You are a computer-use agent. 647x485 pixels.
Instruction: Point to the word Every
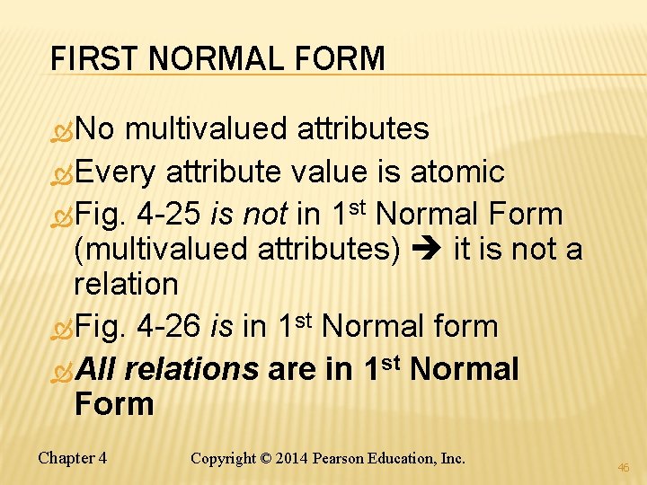click(x=116, y=171)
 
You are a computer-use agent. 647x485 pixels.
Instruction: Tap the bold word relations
click(x=192, y=369)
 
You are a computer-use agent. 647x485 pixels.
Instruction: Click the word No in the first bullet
click(x=95, y=128)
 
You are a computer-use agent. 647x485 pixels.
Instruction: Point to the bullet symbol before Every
click(x=63, y=172)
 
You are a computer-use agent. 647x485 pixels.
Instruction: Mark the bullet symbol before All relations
click(x=63, y=370)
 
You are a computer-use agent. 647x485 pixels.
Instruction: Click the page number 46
click(x=624, y=468)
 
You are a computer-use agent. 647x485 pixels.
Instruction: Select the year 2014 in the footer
click(x=291, y=458)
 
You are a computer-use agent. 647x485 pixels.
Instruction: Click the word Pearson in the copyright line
click(x=339, y=458)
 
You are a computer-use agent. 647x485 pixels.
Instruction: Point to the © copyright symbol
click(x=263, y=458)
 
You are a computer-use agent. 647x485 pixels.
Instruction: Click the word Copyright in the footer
click(x=222, y=458)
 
